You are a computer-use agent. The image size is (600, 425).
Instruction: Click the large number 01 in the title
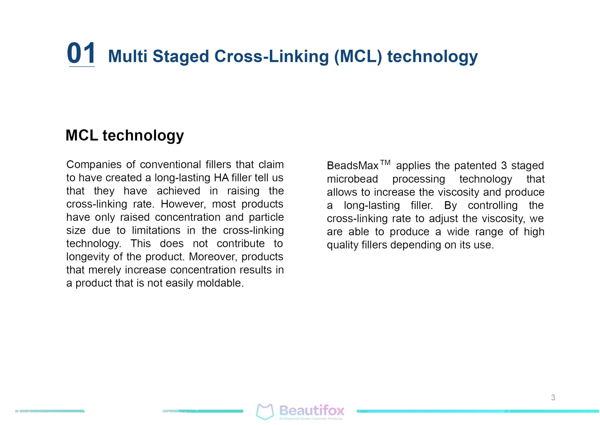(x=81, y=53)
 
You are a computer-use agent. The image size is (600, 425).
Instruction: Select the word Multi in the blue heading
(x=128, y=56)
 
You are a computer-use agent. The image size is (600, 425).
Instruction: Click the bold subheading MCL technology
(x=125, y=136)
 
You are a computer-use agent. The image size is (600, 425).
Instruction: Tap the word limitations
(x=156, y=230)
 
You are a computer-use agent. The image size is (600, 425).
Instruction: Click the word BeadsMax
(x=352, y=166)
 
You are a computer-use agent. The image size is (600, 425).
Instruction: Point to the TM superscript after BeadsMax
(x=385, y=163)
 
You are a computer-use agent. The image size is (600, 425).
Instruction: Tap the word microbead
(x=352, y=179)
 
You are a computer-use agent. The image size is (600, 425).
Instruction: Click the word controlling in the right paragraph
(x=493, y=205)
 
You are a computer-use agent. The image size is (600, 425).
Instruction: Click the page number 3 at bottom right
(x=553, y=398)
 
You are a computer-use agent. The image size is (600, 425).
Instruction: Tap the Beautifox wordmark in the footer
(x=312, y=411)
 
